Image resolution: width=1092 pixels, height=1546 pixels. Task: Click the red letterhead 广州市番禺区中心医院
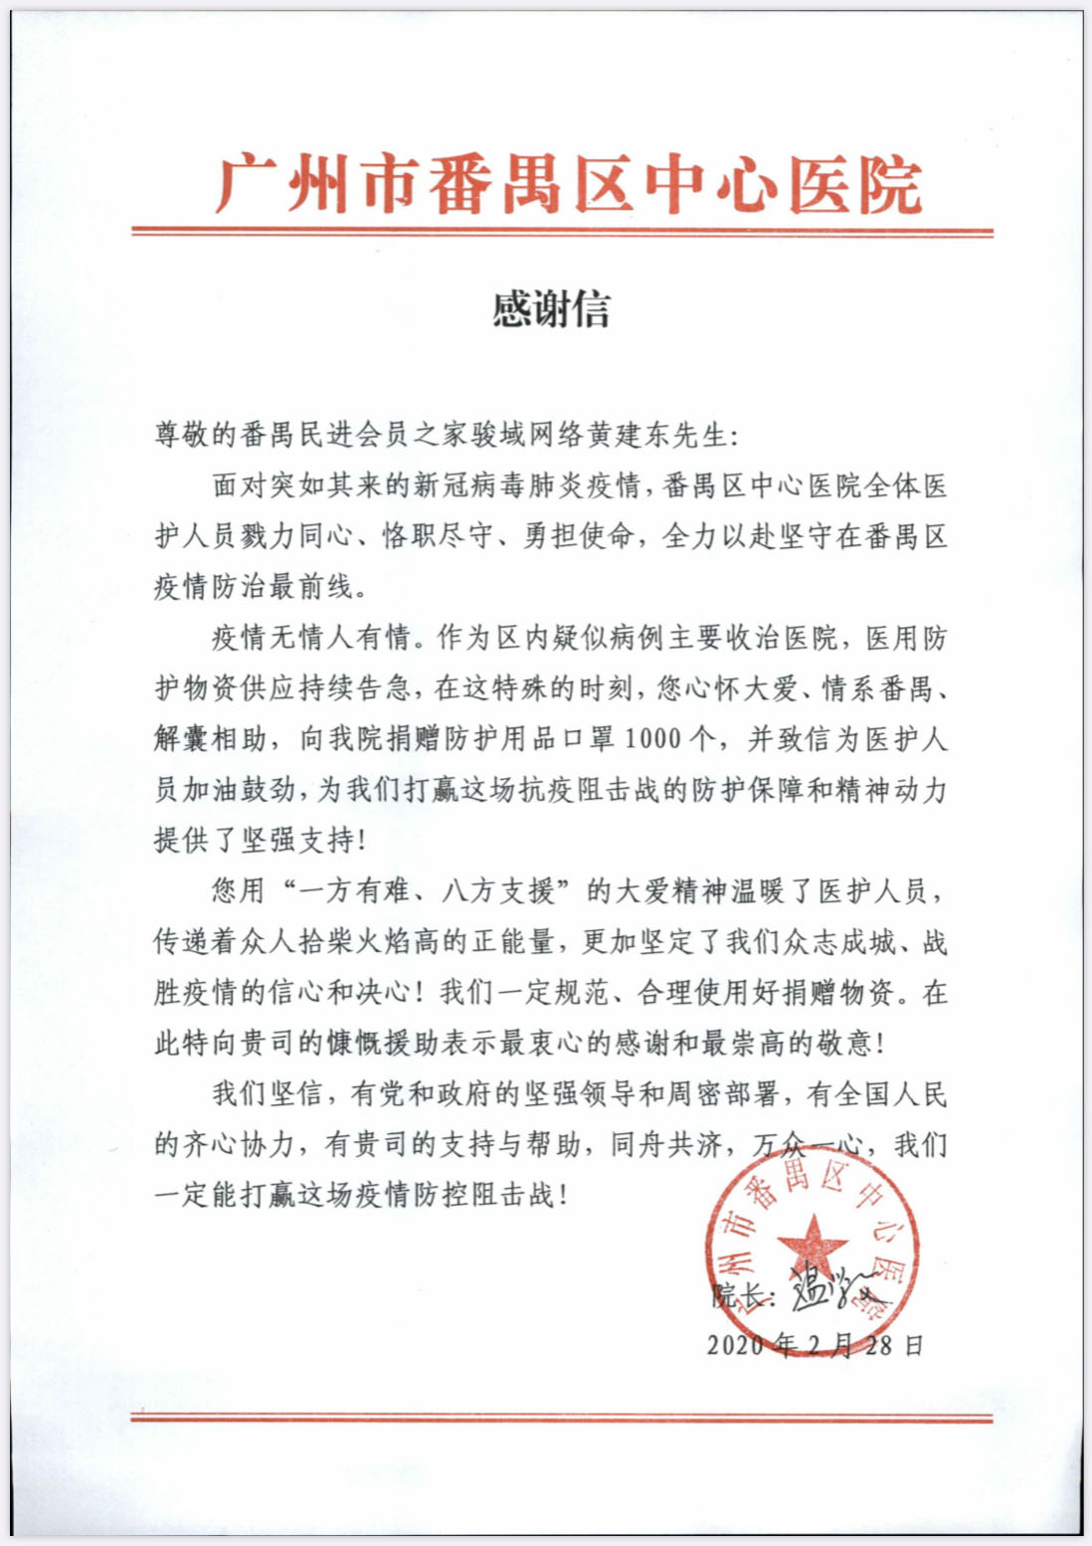coord(569,184)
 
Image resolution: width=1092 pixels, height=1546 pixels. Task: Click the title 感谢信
coord(551,309)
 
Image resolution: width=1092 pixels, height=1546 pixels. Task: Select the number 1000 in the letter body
coord(653,739)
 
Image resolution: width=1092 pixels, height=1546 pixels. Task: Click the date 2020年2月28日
coord(816,1345)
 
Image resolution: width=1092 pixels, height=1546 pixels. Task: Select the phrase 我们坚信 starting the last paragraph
coord(267,1093)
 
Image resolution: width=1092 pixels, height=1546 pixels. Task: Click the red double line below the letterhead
coord(562,232)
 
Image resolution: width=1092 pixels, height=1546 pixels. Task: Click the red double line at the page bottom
coord(562,1416)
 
